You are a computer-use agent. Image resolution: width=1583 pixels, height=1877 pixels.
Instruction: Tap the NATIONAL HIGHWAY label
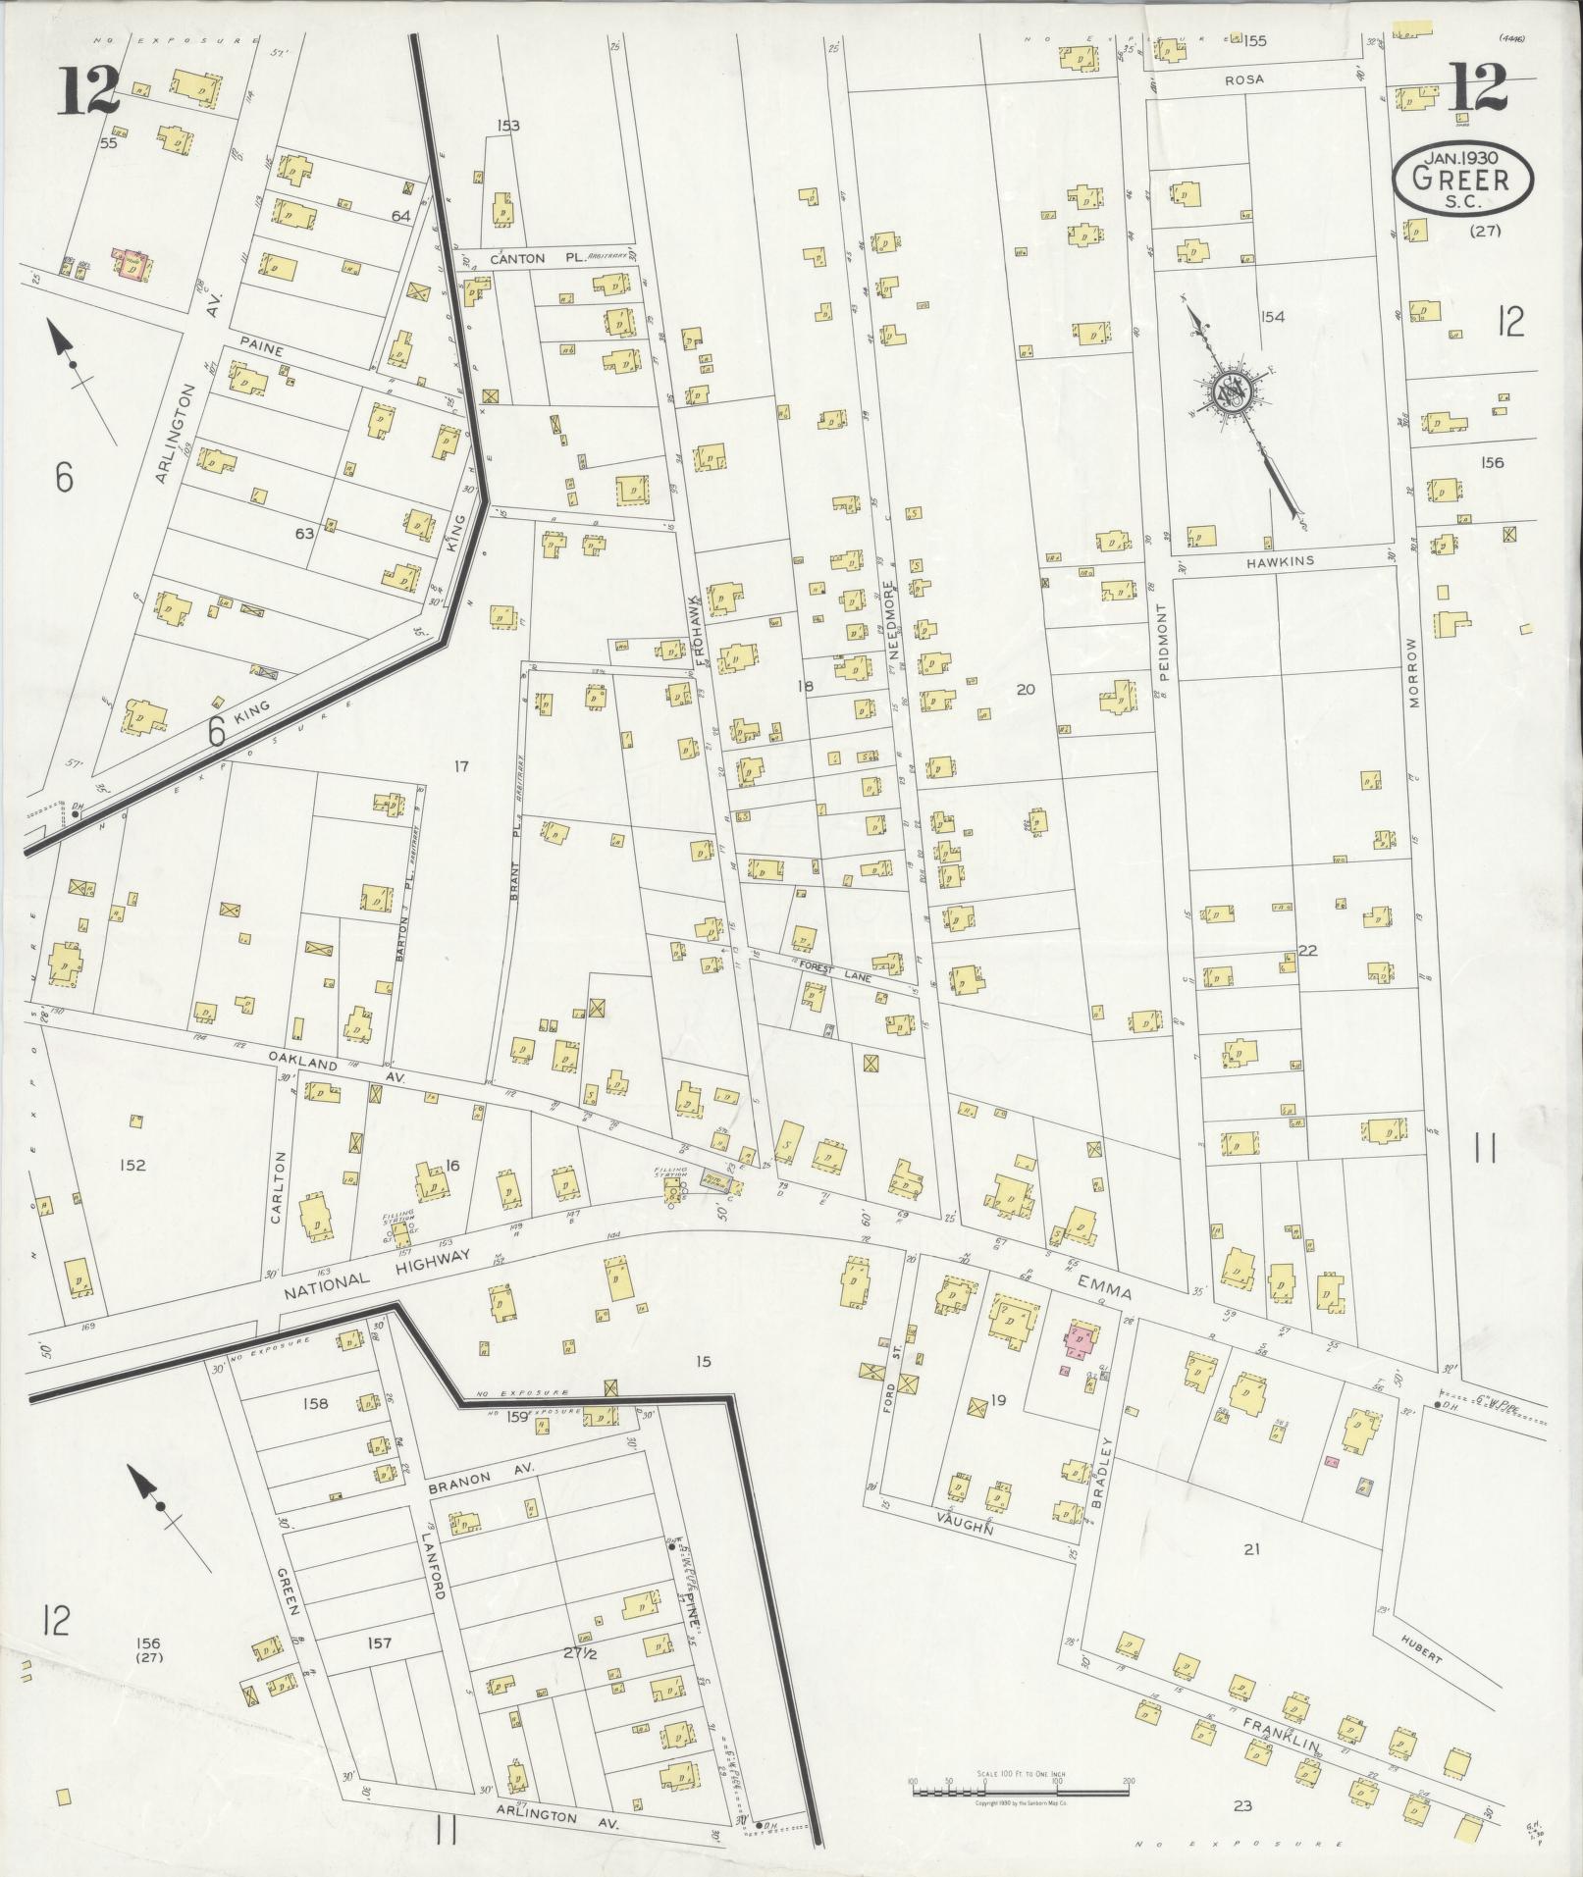[x=379, y=1272]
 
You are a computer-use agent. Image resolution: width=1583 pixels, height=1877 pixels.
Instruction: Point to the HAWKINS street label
[x=1280, y=561]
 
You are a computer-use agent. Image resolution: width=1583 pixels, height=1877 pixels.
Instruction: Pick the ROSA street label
[x=1243, y=78]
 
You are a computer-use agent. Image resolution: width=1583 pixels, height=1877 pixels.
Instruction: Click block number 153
[x=508, y=126]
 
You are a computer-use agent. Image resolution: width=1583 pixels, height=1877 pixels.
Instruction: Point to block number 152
[x=132, y=1165]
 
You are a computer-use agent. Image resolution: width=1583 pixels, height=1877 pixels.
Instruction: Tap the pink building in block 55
[x=132, y=265]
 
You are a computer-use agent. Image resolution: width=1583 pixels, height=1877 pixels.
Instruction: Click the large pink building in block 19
[x=1080, y=1339]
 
